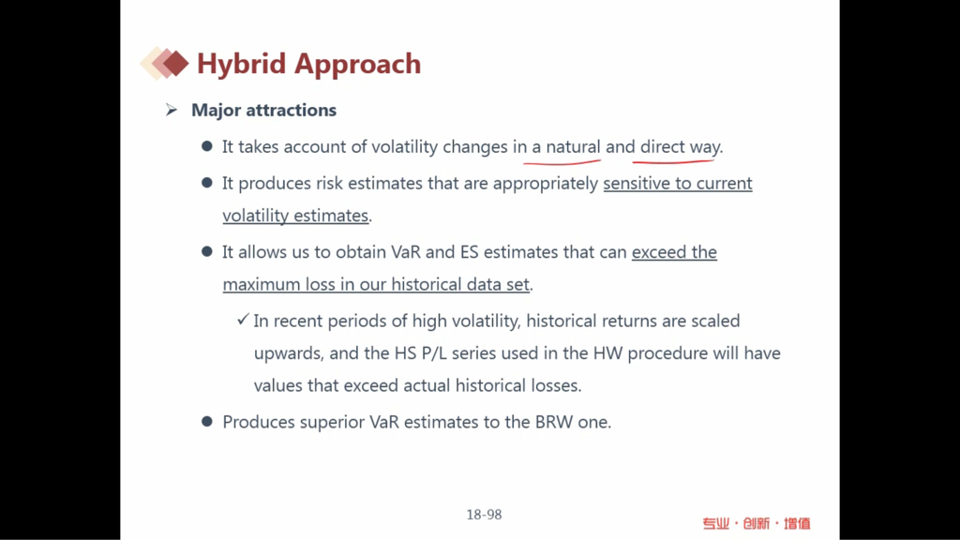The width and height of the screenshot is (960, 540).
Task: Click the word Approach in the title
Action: pos(357,65)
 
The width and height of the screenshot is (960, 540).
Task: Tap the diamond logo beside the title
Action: pos(164,63)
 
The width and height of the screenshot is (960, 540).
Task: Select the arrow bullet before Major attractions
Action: pos(172,111)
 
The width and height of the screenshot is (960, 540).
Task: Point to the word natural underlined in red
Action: pos(573,147)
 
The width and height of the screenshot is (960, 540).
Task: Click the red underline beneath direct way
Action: pos(673,161)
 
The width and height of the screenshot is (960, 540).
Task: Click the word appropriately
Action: pos(546,185)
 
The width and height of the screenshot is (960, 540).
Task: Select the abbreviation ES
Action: pos(469,252)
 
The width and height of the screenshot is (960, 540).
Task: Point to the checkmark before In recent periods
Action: pos(243,320)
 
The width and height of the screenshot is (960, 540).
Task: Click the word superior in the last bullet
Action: pos(332,423)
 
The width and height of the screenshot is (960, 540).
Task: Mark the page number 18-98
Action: pos(485,515)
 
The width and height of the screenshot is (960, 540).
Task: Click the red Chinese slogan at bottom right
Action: pos(757,523)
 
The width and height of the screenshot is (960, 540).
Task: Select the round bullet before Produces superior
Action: pos(207,421)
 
